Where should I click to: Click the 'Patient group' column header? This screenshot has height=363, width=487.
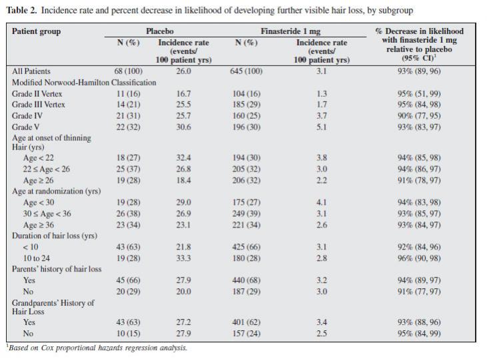pos(37,31)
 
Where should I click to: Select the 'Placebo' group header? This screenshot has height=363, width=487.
pos(160,31)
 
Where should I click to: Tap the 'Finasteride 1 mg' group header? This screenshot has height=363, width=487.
pos(290,31)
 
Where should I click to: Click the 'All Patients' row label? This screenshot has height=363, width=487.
pos(31,71)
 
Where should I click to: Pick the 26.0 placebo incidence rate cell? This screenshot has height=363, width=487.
pos(184,71)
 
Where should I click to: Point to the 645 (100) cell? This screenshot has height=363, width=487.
pos(246,71)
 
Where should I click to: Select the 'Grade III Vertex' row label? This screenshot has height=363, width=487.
pos(39,105)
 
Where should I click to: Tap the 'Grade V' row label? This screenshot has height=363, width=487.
pos(25,127)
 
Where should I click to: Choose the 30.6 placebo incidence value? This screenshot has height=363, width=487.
pos(184,127)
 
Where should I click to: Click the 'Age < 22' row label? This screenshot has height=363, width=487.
pos(38,157)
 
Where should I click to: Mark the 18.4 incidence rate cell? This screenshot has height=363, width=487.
pos(184,180)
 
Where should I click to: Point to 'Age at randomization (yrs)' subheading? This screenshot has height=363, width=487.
pos(57,191)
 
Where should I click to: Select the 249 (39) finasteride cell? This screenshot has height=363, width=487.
pos(246,214)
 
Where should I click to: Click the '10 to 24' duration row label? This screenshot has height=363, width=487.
pos(37,258)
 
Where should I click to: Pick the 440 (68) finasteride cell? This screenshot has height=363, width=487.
pos(246,280)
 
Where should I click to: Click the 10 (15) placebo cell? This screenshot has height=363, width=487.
pos(129,334)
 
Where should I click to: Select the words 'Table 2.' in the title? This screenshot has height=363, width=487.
pos(22,10)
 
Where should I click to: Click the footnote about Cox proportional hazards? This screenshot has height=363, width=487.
pos(97,348)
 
